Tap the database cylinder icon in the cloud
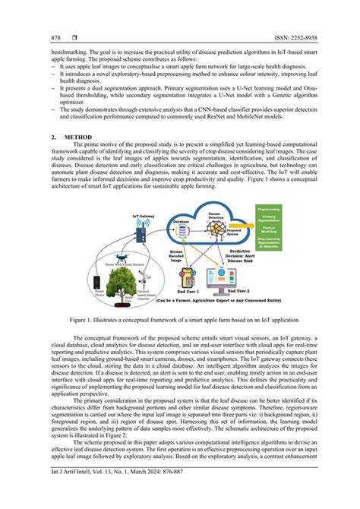tap(182, 224)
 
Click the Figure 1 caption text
tap(180, 321)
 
